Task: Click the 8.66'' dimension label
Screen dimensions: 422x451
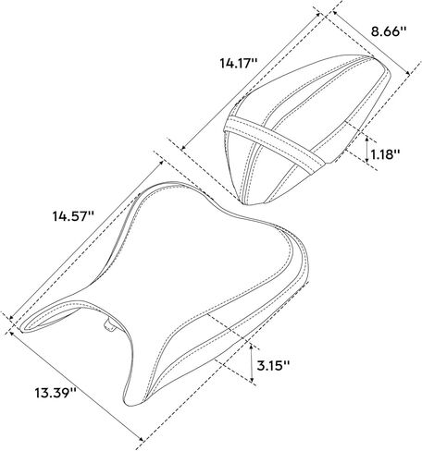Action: (x=389, y=31)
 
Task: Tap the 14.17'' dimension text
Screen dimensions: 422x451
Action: (x=238, y=63)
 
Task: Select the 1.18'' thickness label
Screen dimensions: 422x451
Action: (x=385, y=154)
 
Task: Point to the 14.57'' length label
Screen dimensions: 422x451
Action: (x=73, y=216)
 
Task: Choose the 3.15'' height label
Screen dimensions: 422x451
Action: (x=273, y=366)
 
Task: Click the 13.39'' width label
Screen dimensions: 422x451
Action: (x=56, y=393)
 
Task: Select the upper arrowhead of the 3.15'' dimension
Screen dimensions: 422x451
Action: (x=252, y=347)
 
